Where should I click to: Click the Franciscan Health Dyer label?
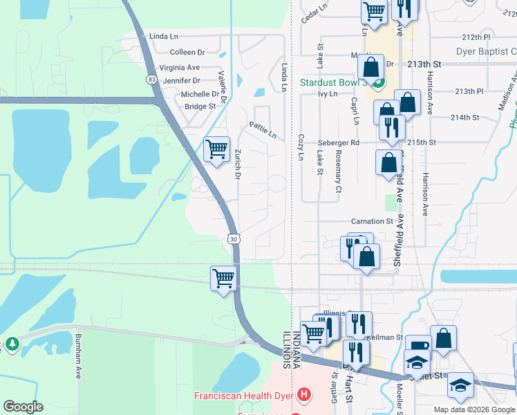[x=243, y=396]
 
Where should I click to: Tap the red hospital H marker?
[x=303, y=396]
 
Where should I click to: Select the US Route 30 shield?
[x=233, y=239]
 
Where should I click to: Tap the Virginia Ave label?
[x=179, y=68]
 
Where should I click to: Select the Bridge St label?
[x=200, y=107]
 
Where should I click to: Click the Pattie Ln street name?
[x=263, y=128]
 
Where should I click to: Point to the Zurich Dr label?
[x=237, y=166]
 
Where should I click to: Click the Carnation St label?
[x=372, y=221]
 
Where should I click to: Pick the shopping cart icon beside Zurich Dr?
[x=217, y=149]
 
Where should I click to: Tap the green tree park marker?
[x=12, y=343]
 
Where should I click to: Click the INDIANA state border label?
[x=297, y=349]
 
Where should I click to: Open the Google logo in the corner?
[x=23, y=407]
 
